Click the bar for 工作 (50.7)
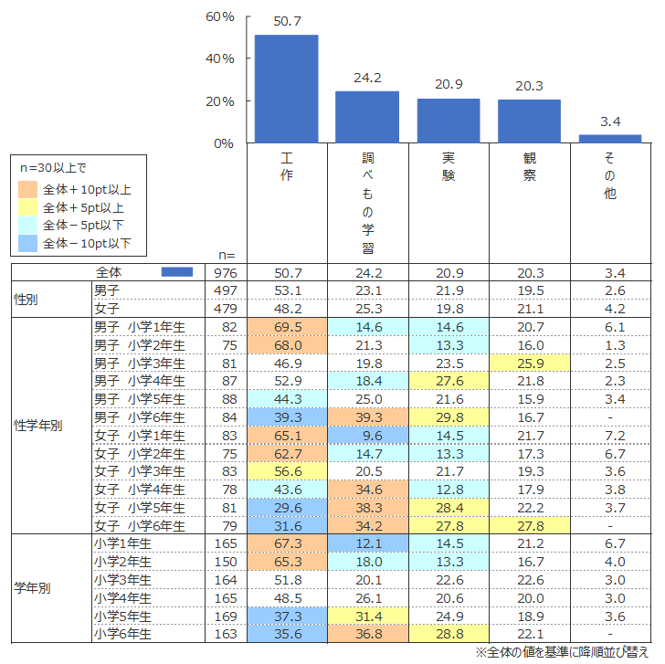286,89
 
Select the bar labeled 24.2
367,117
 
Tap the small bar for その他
610,139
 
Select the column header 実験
448,166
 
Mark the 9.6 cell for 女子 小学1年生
368,436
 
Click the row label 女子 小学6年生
140,526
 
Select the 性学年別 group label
38,426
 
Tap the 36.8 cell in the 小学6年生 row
368,635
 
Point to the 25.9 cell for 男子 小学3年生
529,363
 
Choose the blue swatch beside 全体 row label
176,272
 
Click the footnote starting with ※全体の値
565,653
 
